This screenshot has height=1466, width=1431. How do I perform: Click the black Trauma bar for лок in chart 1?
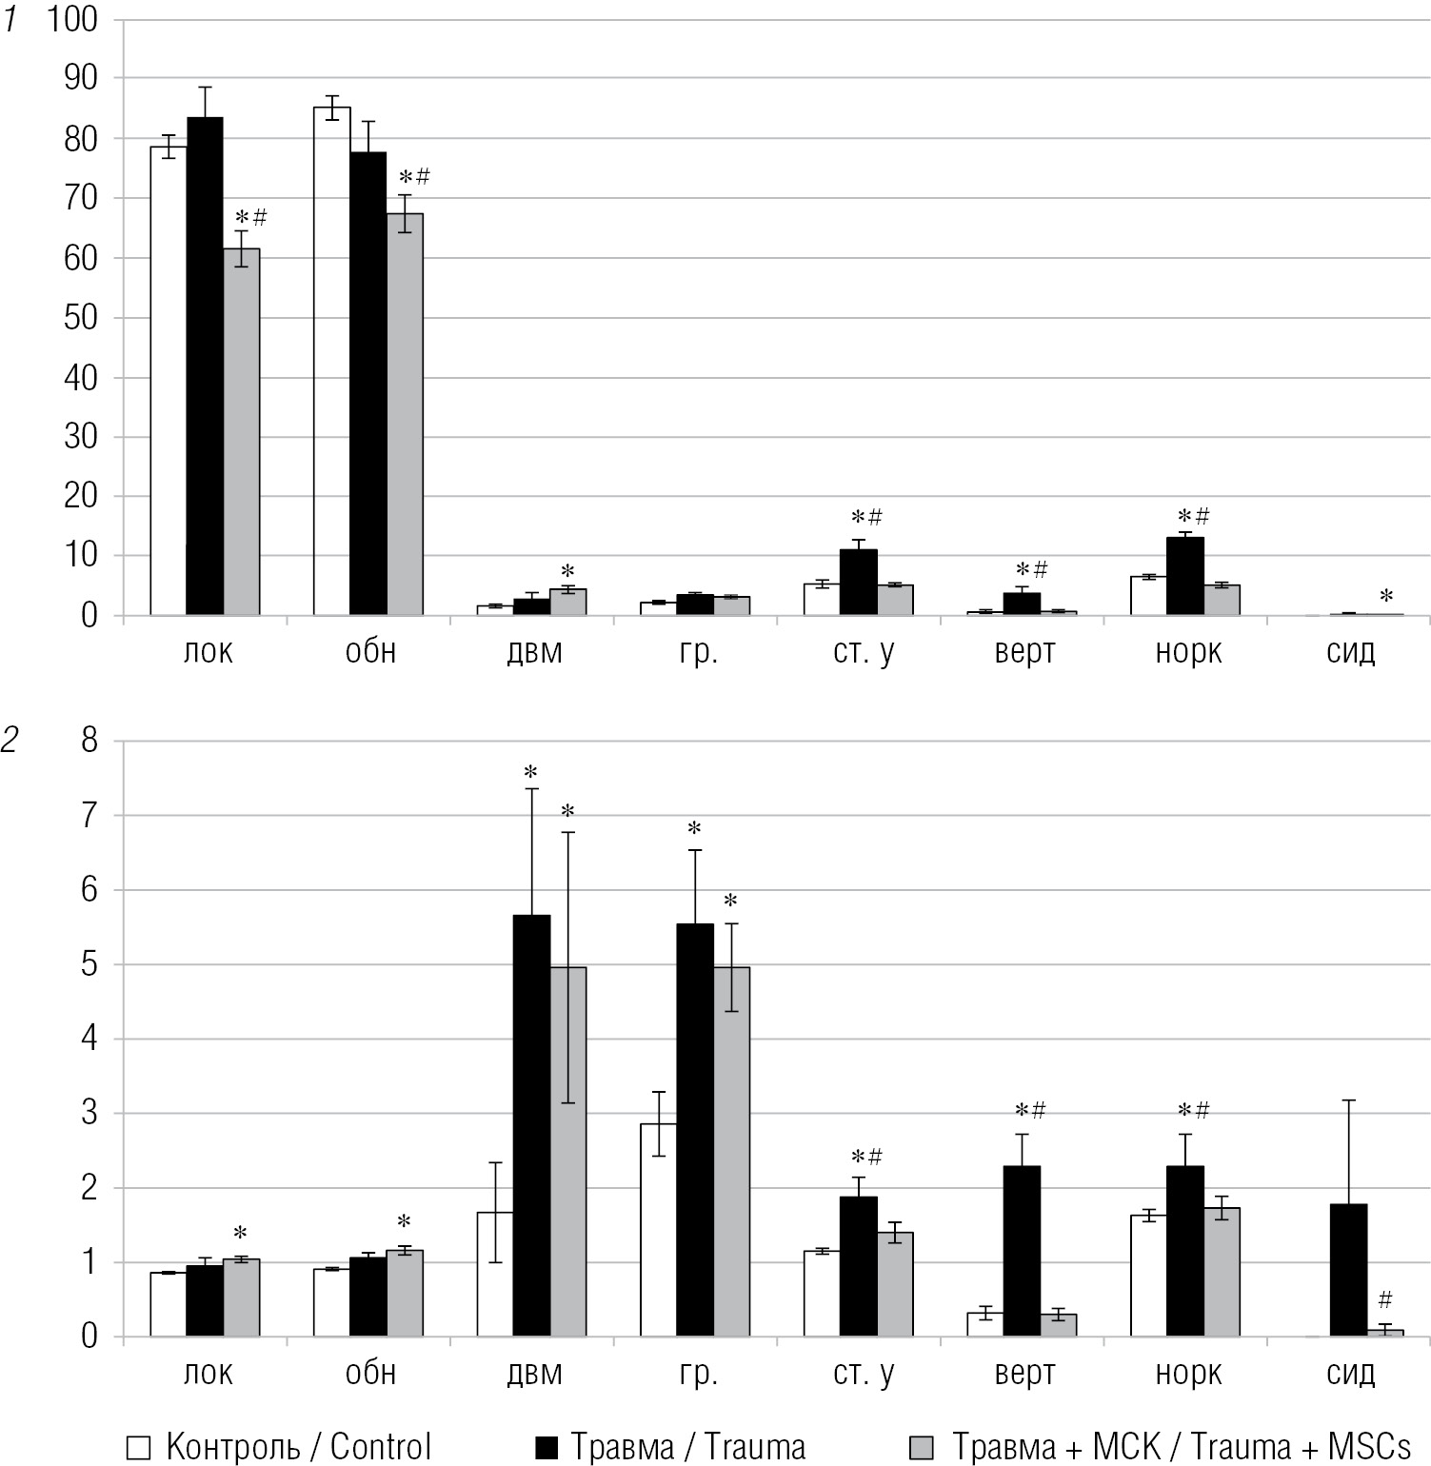point(205,366)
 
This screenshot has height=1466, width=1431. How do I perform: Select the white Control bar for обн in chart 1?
point(331,362)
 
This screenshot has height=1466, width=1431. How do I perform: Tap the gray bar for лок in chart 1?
point(242,432)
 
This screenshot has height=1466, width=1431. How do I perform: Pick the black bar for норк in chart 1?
point(1185,577)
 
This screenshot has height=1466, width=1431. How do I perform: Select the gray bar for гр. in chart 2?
point(731,1152)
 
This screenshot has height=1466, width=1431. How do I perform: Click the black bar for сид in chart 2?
point(1348,1271)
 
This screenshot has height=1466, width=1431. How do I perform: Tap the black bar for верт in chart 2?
point(1022,1252)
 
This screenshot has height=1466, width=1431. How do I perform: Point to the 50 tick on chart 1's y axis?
point(81,318)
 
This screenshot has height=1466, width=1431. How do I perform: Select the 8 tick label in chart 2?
point(89,741)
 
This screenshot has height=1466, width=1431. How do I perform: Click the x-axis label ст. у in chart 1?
point(863,653)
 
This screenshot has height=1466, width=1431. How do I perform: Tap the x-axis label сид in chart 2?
point(1350,1374)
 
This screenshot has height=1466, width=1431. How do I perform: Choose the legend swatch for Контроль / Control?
point(139,1448)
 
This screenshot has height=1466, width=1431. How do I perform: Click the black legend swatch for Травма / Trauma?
point(546,1448)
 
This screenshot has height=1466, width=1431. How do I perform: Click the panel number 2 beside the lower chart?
point(10,741)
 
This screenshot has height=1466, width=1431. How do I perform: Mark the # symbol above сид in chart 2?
point(1385,1299)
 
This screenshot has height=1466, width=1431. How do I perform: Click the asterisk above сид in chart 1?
point(1386,597)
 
